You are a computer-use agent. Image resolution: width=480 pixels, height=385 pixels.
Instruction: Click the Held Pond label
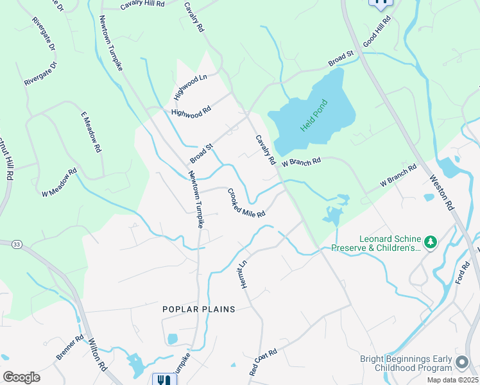314,116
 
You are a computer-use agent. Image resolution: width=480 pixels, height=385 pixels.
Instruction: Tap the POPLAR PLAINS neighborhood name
198,309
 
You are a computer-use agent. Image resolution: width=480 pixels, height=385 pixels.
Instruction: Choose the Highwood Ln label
191,88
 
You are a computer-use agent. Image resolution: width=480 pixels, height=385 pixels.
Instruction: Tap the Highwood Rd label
191,111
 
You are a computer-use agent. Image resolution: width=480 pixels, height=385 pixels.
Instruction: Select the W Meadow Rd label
60,182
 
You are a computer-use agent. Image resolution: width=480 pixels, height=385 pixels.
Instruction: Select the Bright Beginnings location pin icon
461,363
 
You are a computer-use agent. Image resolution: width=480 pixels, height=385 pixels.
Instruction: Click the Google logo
21,377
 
